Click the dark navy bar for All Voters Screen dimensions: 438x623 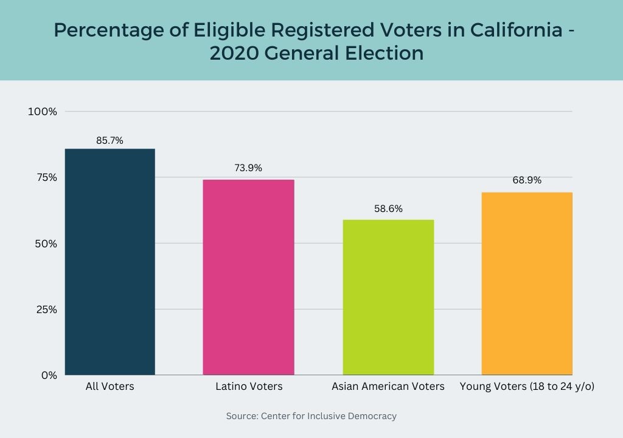pyautogui.click(x=110, y=262)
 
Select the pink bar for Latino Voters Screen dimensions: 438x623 pyautogui.click(x=248, y=277)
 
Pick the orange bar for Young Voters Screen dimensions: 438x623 pyautogui.click(x=527, y=283)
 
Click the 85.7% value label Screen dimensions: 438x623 pyautogui.click(x=110, y=140)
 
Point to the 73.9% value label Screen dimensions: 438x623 pyautogui.click(x=248, y=168)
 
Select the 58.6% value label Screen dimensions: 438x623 pyautogui.click(x=388, y=208)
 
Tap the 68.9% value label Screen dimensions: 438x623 pyautogui.click(x=527, y=180)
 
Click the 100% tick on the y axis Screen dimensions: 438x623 pyautogui.click(x=43, y=111)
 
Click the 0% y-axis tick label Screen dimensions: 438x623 pyautogui.click(x=49, y=375)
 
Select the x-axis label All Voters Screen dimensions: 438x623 pyautogui.click(x=110, y=386)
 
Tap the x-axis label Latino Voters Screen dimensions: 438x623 pyautogui.click(x=249, y=386)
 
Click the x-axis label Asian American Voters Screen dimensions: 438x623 pyautogui.click(x=388, y=386)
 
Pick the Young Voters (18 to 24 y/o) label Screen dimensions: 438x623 pyautogui.click(x=527, y=386)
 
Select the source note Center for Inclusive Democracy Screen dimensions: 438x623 pyautogui.click(x=329, y=416)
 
